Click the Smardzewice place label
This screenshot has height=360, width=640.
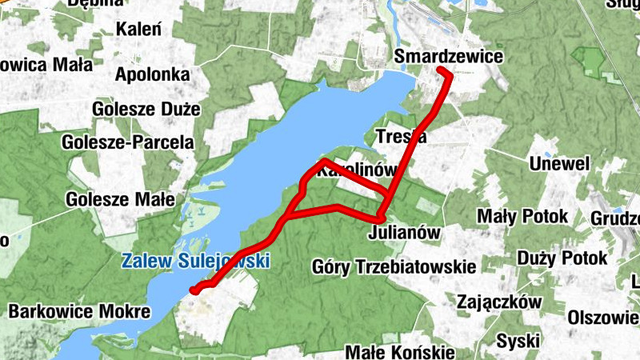[x=449, y=57]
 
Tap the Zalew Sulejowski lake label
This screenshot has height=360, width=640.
[x=195, y=260]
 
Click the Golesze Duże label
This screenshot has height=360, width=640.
[x=146, y=109]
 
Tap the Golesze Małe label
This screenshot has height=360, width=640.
[x=121, y=199]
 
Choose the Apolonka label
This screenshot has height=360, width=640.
[x=152, y=75]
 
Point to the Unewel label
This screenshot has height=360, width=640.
[x=559, y=164]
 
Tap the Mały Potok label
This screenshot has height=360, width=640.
[x=522, y=216]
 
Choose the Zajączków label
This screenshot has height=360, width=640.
[x=499, y=302]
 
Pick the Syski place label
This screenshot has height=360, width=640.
[x=518, y=342]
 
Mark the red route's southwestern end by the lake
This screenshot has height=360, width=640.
[x=194, y=290]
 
